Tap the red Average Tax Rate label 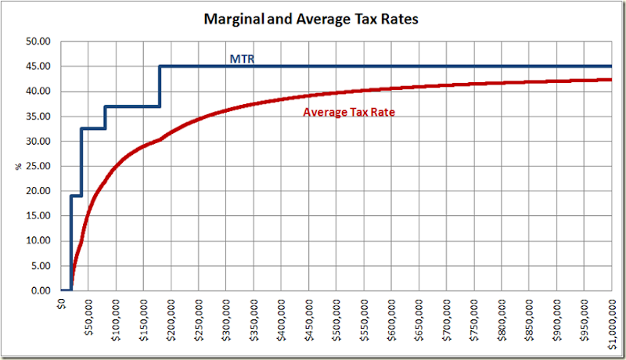[x=348, y=113]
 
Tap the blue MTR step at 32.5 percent [x=92, y=128]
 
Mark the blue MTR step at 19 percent [x=76, y=196]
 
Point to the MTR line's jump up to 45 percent [x=160, y=86]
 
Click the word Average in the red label [x=323, y=113]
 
